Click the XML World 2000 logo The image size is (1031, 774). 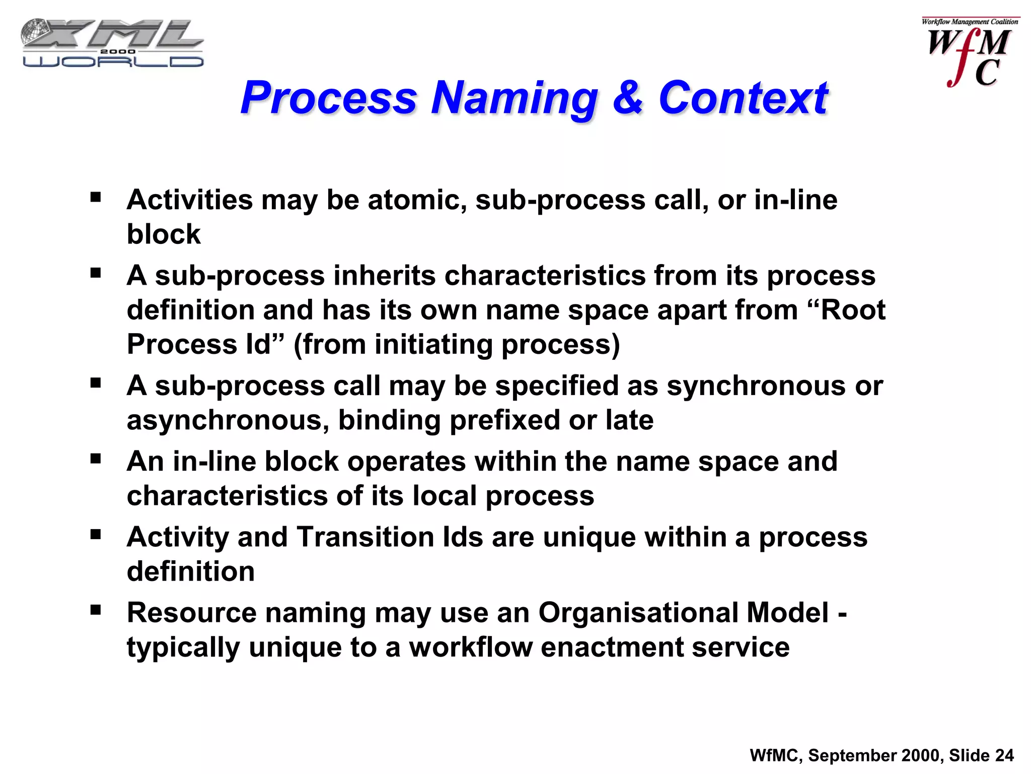tap(112, 43)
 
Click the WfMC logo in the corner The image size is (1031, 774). tap(969, 53)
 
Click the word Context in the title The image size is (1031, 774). tap(743, 98)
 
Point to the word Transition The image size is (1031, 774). tap(365, 537)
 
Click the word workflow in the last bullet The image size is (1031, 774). tap(471, 648)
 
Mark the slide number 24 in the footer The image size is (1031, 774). tap(1004, 755)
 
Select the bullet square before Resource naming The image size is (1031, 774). tap(96, 610)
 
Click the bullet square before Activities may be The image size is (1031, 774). tap(96, 197)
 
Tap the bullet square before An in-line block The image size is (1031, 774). tap(96, 459)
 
